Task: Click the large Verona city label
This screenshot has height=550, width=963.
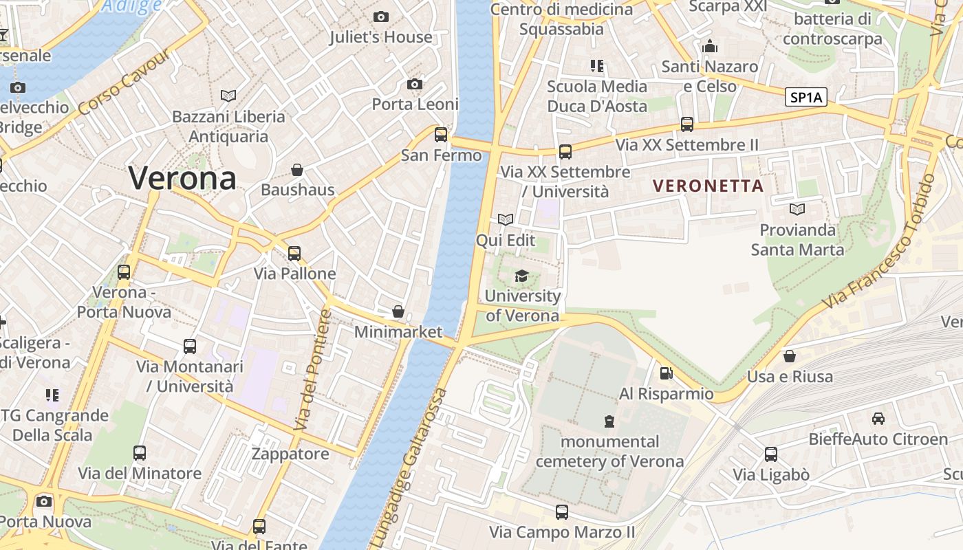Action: tap(182, 178)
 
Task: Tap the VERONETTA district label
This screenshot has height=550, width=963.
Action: tap(708, 186)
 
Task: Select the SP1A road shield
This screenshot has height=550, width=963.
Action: tap(805, 97)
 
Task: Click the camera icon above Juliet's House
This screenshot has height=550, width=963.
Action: tap(380, 16)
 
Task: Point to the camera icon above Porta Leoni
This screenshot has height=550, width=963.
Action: tap(414, 84)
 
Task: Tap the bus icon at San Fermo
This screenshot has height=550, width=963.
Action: tap(441, 134)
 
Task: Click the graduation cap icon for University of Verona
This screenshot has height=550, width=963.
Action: tap(522, 276)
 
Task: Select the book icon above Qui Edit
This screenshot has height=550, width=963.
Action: tap(506, 219)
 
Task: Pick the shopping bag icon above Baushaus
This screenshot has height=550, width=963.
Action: tap(297, 169)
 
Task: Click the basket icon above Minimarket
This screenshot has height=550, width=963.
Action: tap(398, 311)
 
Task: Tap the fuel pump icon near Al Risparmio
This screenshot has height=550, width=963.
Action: tap(666, 373)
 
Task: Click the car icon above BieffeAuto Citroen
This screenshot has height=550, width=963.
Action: tap(878, 418)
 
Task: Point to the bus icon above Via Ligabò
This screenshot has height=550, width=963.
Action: tap(771, 454)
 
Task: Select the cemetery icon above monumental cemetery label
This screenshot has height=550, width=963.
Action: tap(609, 421)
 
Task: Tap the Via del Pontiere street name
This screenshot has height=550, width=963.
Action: tap(313, 371)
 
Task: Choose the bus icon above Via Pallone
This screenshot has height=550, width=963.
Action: tap(294, 253)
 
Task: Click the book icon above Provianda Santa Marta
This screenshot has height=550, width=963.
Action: tap(797, 208)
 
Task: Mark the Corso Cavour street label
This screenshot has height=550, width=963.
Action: tap(124, 83)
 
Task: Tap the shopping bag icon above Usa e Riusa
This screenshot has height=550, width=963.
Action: tap(790, 356)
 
